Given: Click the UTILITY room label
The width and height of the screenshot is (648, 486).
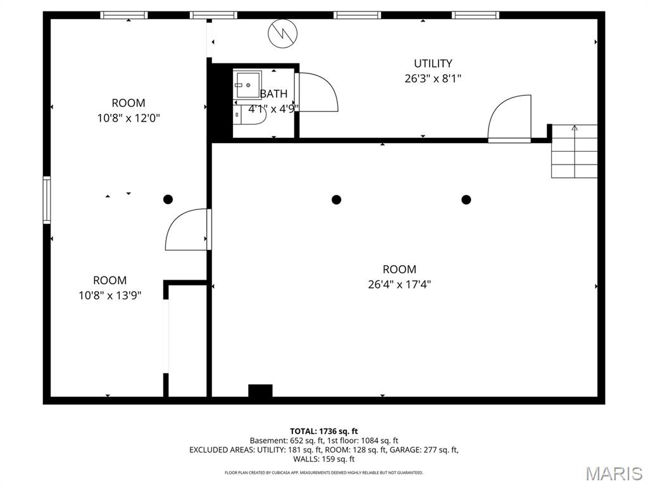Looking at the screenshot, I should [x=433, y=63].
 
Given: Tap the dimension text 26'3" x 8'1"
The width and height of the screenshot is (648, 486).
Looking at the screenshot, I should [x=433, y=79].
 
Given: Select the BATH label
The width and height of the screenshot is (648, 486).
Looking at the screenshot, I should [x=273, y=94].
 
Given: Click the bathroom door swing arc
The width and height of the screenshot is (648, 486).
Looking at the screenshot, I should [x=318, y=92].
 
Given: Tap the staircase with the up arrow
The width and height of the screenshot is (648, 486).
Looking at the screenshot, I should [x=574, y=151].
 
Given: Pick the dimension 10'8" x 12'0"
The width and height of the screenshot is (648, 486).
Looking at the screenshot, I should [x=128, y=118].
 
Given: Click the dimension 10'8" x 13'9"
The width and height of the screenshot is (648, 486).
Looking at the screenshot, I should [x=110, y=295].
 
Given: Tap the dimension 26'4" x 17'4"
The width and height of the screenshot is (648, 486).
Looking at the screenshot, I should [x=399, y=284].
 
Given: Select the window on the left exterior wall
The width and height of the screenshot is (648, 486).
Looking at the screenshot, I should [x=47, y=200].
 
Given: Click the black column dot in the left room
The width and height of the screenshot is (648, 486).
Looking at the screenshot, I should [x=168, y=199].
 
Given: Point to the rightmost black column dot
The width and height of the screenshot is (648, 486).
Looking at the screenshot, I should [x=466, y=199].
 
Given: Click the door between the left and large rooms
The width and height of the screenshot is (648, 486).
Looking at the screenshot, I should [x=187, y=230].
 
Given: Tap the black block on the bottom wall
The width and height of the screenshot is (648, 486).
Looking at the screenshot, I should [x=260, y=392].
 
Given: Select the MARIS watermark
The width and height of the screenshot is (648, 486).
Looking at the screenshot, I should [x=614, y=473].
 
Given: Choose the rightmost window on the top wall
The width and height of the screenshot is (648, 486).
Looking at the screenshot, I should [x=475, y=15].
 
